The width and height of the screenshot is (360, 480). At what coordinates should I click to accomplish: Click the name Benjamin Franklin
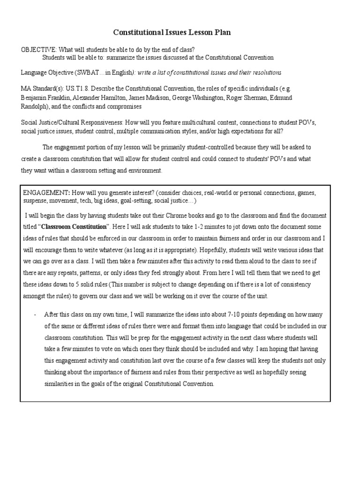pyautogui.click(x=43, y=97)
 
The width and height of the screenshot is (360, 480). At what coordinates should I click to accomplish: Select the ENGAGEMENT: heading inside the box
pyautogui.click(x=46, y=193)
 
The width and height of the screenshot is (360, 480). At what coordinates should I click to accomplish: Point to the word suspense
pyautogui.click(x=35, y=201)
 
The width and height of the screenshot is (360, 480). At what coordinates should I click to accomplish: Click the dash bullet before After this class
pyautogui.click(x=36, y=314)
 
